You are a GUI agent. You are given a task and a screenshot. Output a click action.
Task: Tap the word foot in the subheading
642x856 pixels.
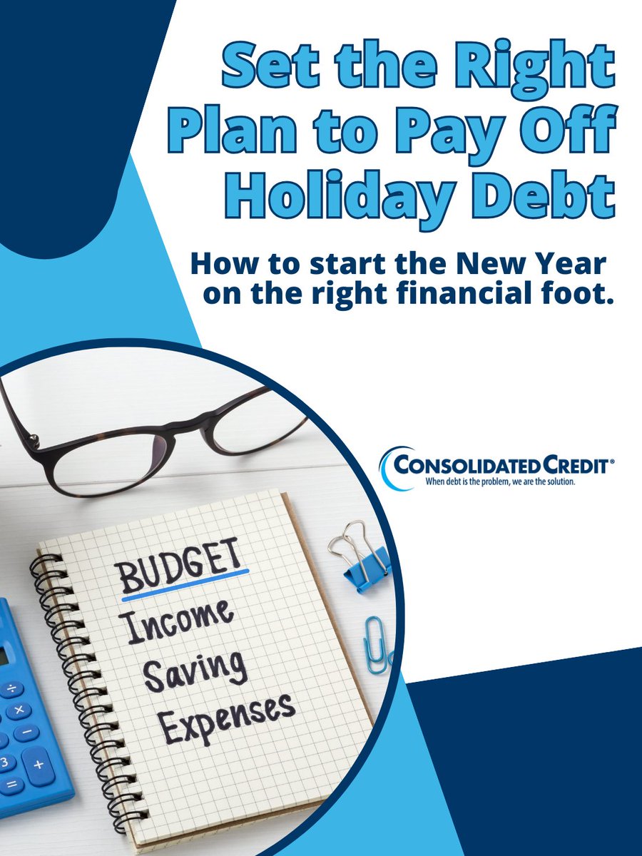coord(578,295)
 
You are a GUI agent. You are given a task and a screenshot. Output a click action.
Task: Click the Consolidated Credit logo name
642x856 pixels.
coord(504,466)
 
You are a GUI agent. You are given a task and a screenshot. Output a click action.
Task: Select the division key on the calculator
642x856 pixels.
coord(11,689)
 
